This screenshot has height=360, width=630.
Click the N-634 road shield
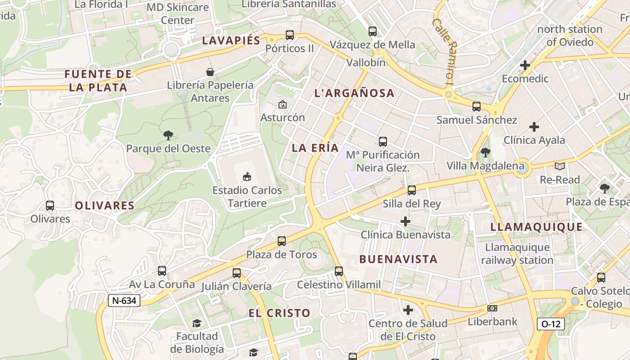pos(124,301)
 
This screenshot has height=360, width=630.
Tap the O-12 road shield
pos(550,324)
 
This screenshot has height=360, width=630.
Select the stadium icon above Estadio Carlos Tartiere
pos(247,176)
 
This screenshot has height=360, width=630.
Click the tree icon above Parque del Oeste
pos(168,135)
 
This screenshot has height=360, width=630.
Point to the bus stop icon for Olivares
pos(50,206)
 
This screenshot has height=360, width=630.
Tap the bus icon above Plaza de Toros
pos(282,241)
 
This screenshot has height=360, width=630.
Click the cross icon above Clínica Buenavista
pos(405,221)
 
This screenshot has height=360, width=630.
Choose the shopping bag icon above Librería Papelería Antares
pos(210,72)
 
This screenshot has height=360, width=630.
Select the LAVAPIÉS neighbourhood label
pos(231,40)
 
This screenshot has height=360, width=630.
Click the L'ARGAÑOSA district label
pos(354,94)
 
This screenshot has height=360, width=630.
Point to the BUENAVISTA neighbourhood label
pos(398,259)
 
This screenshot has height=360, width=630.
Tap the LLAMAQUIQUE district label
pos(536,227)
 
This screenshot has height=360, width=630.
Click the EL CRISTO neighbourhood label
pos(279,313)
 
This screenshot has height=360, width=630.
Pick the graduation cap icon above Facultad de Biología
pos(197,323)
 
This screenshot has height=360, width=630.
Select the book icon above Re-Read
pos(560,166)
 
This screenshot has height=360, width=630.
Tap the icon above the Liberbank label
pos(492,308)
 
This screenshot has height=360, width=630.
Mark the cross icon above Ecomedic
pos(525,65)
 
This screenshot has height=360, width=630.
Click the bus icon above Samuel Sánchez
pos(477,107)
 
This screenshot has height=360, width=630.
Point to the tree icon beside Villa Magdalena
pos(485,153)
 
